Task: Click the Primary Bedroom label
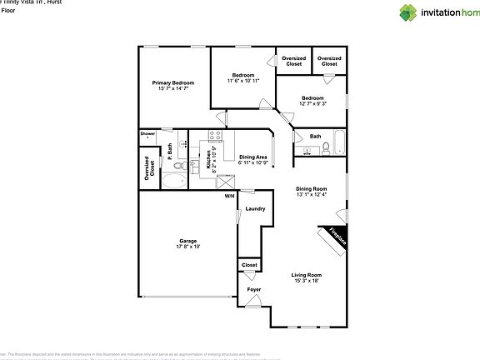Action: pyautogui.click(x=173, y=82)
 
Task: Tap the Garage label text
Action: pyautogui.click(x=188, y=241)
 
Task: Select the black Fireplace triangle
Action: pyautogui.click(x=334, y=235)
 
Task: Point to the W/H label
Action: pyautogui.click(x=229, y=197)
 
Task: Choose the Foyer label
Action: pyautogui.click(x=253, y=289)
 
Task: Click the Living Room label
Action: pyautogui.click(x=307, y=275)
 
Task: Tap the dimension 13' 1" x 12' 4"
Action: pyautogui.click(x=311, y=195)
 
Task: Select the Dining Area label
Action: pyautogui.click(x=253, y=157)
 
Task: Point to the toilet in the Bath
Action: pyautogui.click(x=327, y=149)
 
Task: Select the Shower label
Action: pyautogui.click(x=147, y=133)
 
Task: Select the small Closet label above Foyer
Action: pyautogui.click(x=249, y=265)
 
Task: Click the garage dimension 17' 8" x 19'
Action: pyautogui.click(x=188, y=247)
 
